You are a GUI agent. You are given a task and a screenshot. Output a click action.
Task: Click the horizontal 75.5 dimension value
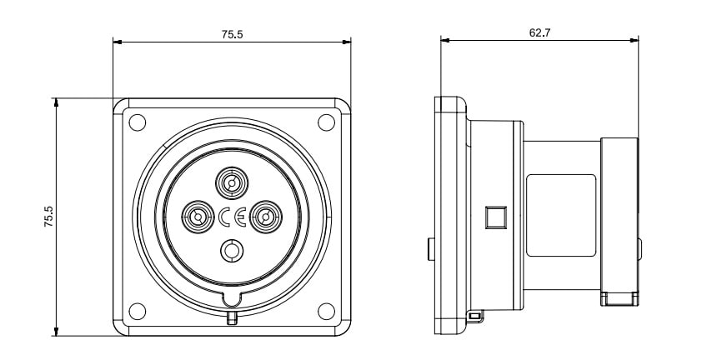[232, 34]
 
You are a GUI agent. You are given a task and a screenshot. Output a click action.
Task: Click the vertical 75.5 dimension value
[49, 217]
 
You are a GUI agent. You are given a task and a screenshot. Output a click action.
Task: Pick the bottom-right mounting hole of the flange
[325, 312]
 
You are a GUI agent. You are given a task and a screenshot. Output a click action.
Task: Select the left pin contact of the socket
[198, 217]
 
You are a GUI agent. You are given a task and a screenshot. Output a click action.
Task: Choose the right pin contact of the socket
[265, 217]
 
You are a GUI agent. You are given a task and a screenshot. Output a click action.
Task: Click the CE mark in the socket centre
[232, 217]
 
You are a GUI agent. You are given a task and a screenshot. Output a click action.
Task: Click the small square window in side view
[495, 217]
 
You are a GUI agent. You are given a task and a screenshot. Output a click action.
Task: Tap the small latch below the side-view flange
[474, 316]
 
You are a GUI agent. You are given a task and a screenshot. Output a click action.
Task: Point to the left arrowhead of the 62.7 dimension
[444, 40]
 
